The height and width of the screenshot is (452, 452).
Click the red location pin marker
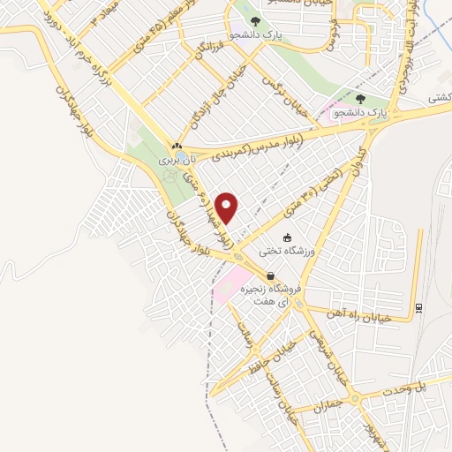229,208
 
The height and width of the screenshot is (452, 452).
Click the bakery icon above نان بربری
177,147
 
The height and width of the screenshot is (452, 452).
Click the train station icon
418,308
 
